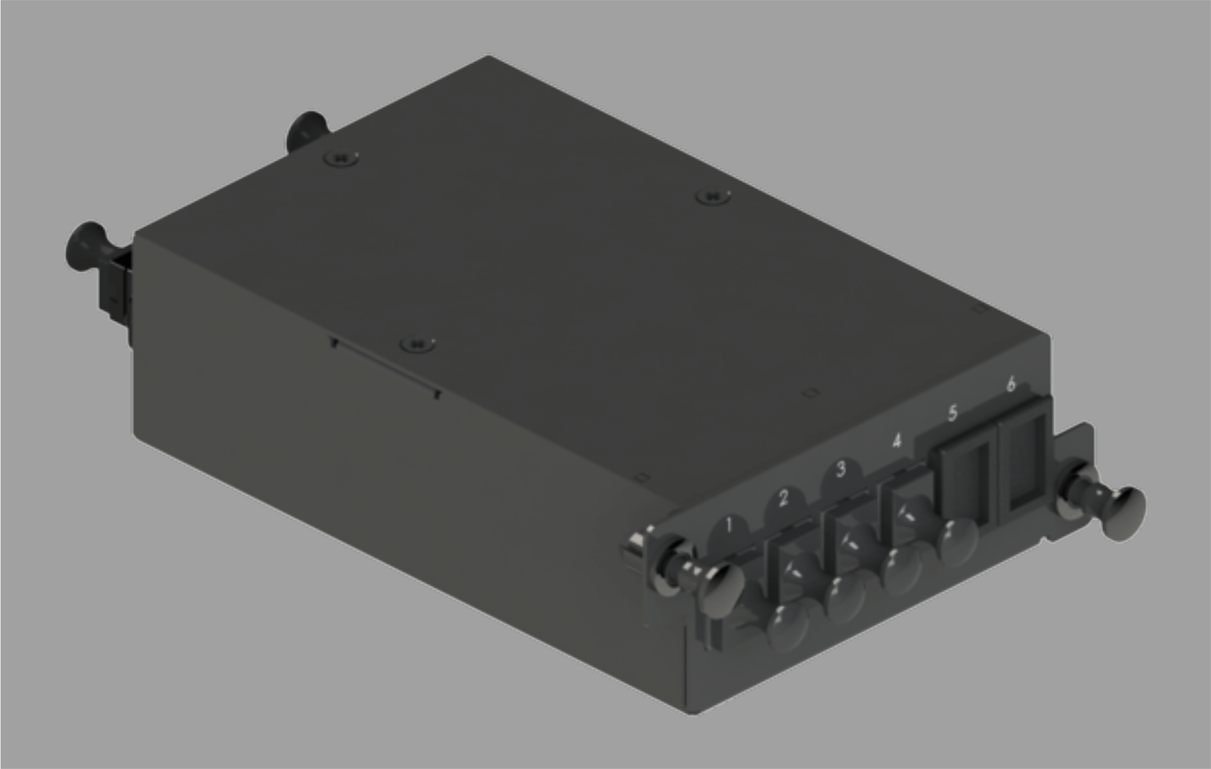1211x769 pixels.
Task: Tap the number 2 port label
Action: click(x=784, y=498)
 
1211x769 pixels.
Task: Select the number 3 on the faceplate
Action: click(x=840, y=469)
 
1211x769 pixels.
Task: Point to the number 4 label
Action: click(x=897, y=441)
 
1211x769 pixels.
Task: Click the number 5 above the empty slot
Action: click(x=953, y=413)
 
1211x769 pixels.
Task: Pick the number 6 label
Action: click(x=1011, y=384)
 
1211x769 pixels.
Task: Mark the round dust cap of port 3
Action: click(x=902, y=570)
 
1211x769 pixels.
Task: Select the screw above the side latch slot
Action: click(x=417, y=344)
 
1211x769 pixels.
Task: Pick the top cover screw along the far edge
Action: click(x=713, y=195)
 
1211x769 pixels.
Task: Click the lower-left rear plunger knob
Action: click(x=86, y=246)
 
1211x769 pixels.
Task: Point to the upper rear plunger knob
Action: click(x=306, y=129)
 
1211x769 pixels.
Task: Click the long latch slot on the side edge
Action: click(x=385, y=368)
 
